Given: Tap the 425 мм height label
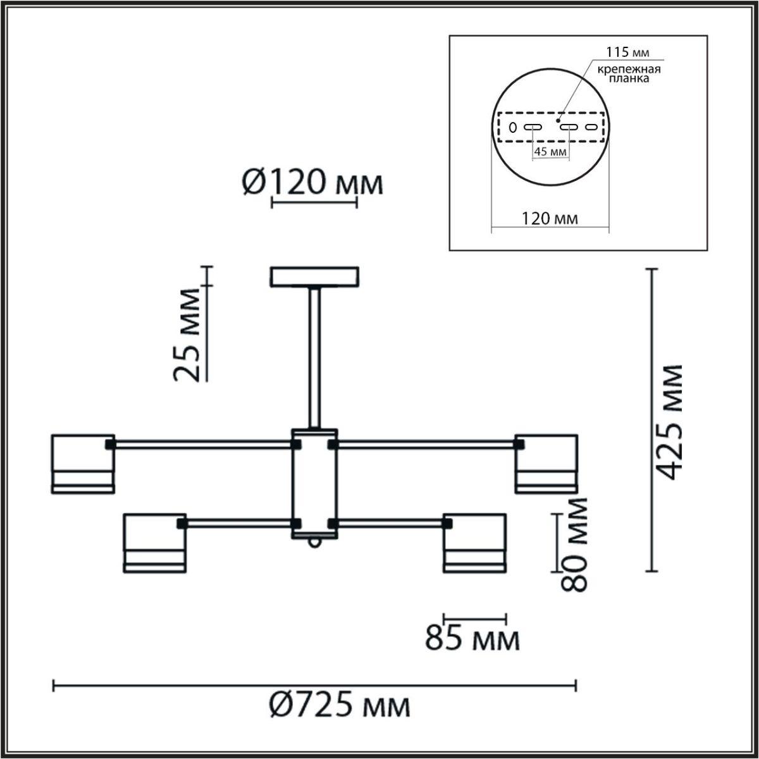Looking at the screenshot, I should click(669, 422).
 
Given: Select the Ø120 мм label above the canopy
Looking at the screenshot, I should click(312, 183).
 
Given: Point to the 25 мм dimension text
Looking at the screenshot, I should click(188, 335).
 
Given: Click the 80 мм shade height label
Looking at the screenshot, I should click(574, 544).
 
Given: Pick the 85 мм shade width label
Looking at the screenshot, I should click(472, 639).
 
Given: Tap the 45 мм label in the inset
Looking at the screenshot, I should click(549, 152).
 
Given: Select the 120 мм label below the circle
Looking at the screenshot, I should click(549, 219).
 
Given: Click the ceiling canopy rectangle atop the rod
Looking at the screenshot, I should click(314, 277).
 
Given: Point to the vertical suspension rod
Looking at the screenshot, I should click(314, 357).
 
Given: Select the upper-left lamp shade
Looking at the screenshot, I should click(83, 463).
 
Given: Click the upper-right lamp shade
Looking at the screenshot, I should click(546, 463).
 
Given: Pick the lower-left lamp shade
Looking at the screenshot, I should click(155, 543).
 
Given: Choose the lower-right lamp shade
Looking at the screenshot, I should click(474, 543).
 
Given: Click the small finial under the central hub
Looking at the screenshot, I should click(314, 543).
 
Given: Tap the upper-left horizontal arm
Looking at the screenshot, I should click(202, 445).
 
